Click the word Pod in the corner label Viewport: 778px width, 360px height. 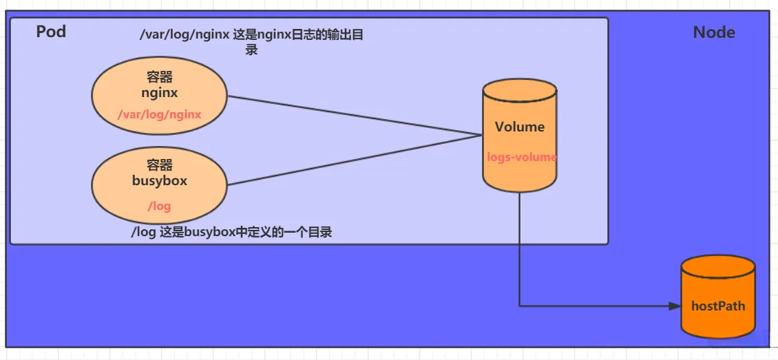51,32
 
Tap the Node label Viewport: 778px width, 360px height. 713,32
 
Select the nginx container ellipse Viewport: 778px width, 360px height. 110,96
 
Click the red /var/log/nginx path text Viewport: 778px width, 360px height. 159,114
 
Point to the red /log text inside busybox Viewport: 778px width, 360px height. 159,206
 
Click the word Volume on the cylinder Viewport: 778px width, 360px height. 519,127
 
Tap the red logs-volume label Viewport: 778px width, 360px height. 521,157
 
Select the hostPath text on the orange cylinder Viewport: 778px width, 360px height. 718,306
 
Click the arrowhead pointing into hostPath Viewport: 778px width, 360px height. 674,306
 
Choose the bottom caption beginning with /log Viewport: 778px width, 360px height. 231,232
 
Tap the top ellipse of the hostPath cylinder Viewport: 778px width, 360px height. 718,268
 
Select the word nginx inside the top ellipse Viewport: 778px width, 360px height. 159,92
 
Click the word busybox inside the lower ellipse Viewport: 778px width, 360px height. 159,181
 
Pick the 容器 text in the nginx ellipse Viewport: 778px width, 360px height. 159,77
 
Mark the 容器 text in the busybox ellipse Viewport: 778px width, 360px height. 159,165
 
